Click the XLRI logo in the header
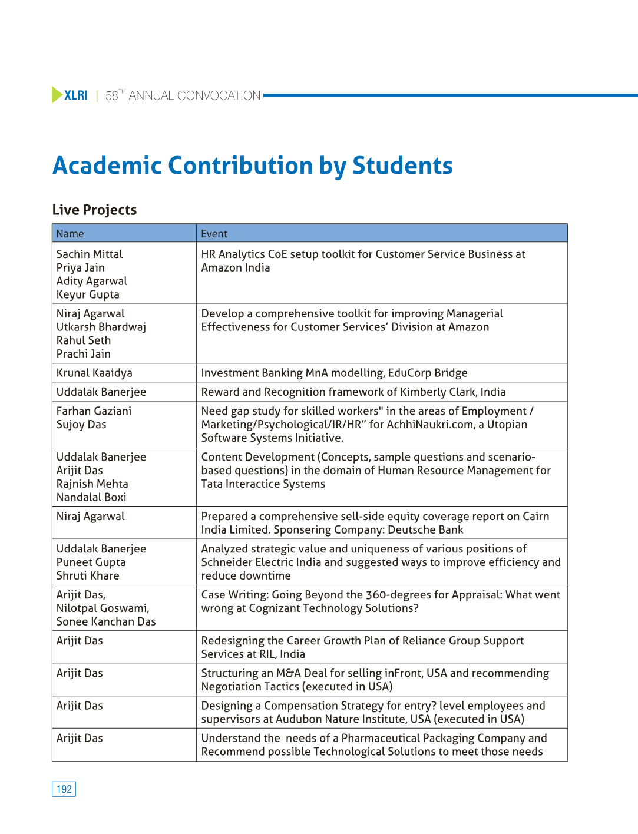(x=70, y=95)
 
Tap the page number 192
(x=64, y=789)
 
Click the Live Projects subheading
(x=94, y=210)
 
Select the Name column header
(x=70, y=234)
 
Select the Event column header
(x=214, y=234)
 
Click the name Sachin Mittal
(x=90, y=254)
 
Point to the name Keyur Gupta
(x=88, y=294)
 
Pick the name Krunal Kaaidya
(x=94, y=373)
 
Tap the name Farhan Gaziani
(x=94, y=411)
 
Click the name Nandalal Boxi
(x=91, y=497)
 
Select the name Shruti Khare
(x=88, y=575)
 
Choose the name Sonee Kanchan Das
(x=106, y=621)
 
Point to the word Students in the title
(x=402, y=166)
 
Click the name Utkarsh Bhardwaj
(x=101, y=327)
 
